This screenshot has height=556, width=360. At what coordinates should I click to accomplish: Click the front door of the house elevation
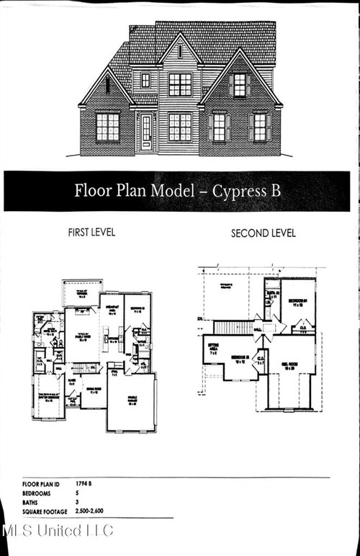146,133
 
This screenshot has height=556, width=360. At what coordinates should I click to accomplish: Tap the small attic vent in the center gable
180,51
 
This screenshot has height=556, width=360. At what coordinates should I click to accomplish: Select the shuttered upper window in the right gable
239,85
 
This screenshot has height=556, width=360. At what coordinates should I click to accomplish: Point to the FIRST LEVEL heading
91,233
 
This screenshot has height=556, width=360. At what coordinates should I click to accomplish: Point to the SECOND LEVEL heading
263,233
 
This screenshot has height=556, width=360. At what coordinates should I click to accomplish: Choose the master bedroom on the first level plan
48,397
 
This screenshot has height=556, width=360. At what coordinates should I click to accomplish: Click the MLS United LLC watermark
58,532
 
